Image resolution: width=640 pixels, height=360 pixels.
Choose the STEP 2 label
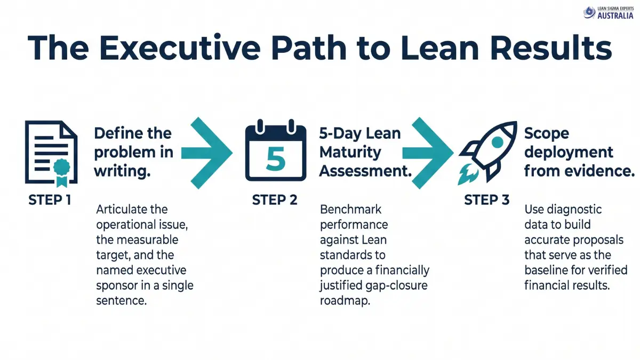coord(275,201)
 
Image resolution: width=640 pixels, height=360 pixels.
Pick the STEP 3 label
coord(487,201)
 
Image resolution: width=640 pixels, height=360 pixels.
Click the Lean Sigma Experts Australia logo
coord(608,13)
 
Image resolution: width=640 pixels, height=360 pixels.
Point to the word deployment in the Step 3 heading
coord(569,153)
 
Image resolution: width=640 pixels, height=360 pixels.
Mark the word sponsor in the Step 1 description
coord(118,285)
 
